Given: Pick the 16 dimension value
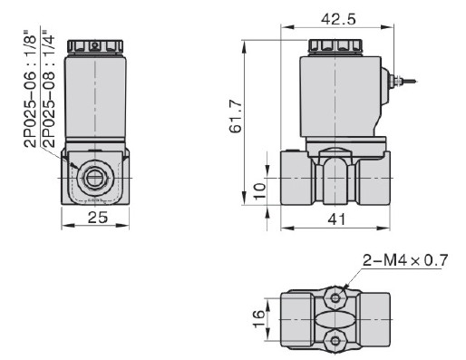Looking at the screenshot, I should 258,316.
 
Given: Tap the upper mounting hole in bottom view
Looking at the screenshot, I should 337,296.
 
